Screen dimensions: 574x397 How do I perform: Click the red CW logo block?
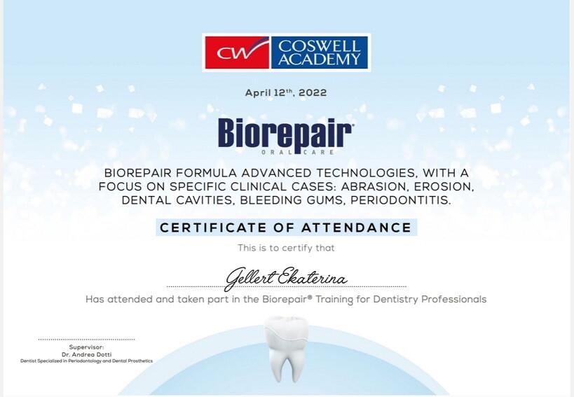point(237,53)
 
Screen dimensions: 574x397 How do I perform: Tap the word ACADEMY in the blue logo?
point(319,60)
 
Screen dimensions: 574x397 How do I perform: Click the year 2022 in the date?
point(313,93)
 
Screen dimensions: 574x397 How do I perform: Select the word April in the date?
point(258,93)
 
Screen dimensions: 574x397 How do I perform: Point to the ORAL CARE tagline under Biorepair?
point(298,152)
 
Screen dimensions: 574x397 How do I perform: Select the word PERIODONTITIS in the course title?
point(400,200)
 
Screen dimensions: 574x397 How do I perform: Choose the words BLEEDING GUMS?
point(292,200)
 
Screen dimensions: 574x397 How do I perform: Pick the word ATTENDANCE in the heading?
point(357,228)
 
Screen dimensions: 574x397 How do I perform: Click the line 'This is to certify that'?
point(286,248)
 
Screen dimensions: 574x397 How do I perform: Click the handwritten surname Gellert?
point(251,279)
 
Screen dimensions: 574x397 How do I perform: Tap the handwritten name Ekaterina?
point(313,277)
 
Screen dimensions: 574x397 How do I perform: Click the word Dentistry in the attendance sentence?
point(396,300)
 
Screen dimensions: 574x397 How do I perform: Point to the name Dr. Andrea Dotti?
point(86,354)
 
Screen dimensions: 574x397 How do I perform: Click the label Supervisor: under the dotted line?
point(86,347)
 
